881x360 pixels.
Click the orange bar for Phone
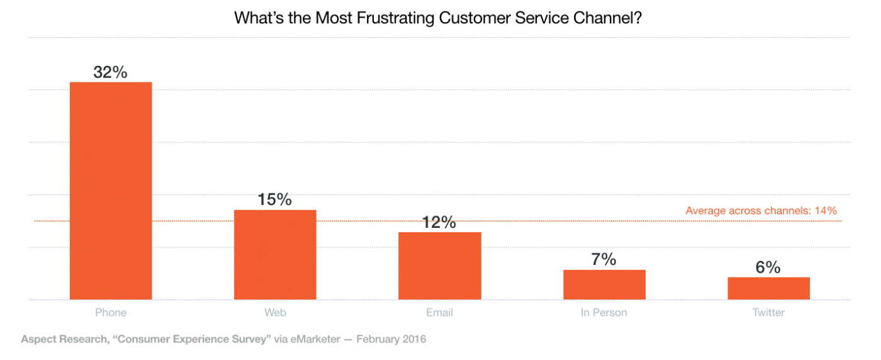click(x=111, y=191)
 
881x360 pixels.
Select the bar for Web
click(x=275, y=254)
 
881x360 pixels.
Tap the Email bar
click(x=440, y=266)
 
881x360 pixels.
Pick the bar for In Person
click(x=604, y=284)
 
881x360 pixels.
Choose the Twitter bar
click(x=768, y=288)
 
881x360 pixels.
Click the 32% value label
click(x=111, y=72)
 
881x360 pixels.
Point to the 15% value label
click(x=275, y=200)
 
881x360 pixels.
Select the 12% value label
click(x=439, y=222)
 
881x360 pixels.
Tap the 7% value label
click(x=603, y=259)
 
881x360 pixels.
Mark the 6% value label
click(x=768, y=267)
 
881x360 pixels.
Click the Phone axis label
click(x=111, y=312)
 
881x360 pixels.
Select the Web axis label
click(x=275, y=312)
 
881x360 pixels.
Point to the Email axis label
click(x=439, y=312)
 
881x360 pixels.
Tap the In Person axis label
click(x=604, y=312)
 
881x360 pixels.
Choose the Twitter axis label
click(x=768, y=312)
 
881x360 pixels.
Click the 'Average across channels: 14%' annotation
click(x=761, y=211)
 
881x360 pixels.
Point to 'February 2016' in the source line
click(x=391, y=339)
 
